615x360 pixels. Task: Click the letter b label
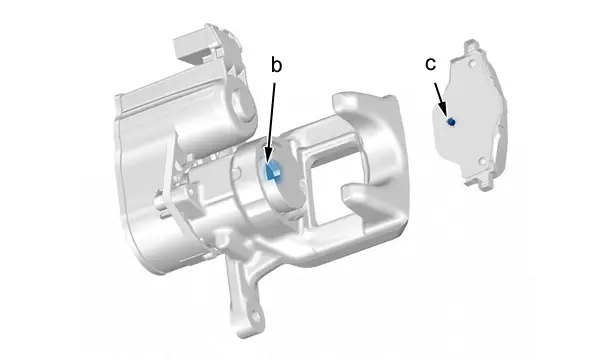(276, 65)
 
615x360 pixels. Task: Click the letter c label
(430, 64)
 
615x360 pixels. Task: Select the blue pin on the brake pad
(451, 122)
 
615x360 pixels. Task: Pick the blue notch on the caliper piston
(272, 171)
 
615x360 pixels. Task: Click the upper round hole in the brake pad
(472, 63)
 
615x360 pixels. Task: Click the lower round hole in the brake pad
(482, 161)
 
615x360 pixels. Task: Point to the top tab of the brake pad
(472, 46)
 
